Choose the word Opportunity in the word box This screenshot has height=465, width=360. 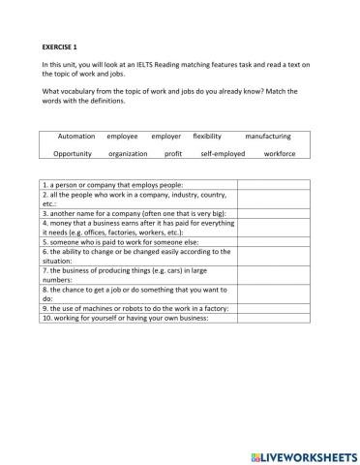coord(73,153)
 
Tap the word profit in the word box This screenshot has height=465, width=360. coord(173,153)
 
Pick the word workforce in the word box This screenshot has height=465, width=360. coord(280,153)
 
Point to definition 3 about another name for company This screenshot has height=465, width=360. coord(135,213)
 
